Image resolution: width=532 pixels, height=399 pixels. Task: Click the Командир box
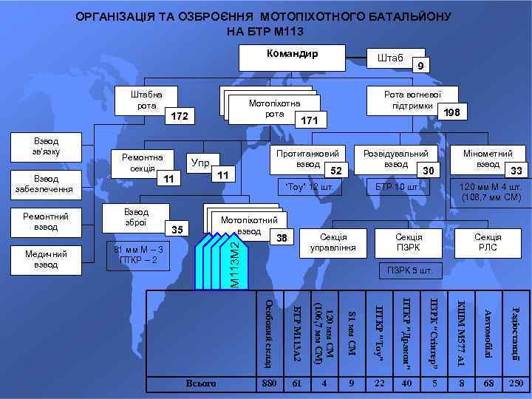293,57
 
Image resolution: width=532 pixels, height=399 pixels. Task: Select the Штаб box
389,59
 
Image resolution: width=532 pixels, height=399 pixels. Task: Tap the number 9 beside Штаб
420,67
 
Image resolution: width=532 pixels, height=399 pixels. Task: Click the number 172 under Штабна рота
180,117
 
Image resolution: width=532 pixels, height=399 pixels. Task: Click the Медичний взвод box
47,259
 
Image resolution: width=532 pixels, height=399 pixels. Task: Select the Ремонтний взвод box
47,222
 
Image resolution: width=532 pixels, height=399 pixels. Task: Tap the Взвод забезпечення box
47,184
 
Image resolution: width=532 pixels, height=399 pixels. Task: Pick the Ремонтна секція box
141,163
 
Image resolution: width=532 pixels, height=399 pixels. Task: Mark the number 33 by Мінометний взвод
517,171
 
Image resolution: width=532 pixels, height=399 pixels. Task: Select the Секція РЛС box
488,242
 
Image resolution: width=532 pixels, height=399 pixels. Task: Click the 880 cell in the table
269,383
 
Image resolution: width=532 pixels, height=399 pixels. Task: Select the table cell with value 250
516,383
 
